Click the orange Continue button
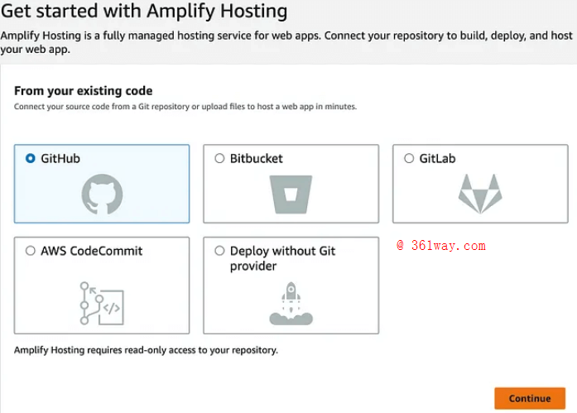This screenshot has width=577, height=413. point(529,398)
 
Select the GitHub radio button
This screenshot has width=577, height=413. point(31,158)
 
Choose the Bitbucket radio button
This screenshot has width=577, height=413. point(219,158)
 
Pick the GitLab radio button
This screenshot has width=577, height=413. point(409,158)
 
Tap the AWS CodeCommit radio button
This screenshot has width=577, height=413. point(31,251)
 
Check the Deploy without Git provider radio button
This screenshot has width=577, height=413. point(219,251)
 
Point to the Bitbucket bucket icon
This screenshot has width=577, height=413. point(291,195)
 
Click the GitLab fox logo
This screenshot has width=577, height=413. point(480,194)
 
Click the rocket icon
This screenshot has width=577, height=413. point(291,304)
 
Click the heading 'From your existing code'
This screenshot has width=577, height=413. point(84,91)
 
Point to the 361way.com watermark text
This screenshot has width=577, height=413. point(440,246)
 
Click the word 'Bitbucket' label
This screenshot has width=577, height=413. point(256,158)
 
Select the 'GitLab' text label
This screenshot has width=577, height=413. point(437,158)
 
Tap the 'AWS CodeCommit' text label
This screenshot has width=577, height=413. point(91,251)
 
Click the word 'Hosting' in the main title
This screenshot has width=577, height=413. point(250,12)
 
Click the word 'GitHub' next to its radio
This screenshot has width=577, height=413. point(60,158)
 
